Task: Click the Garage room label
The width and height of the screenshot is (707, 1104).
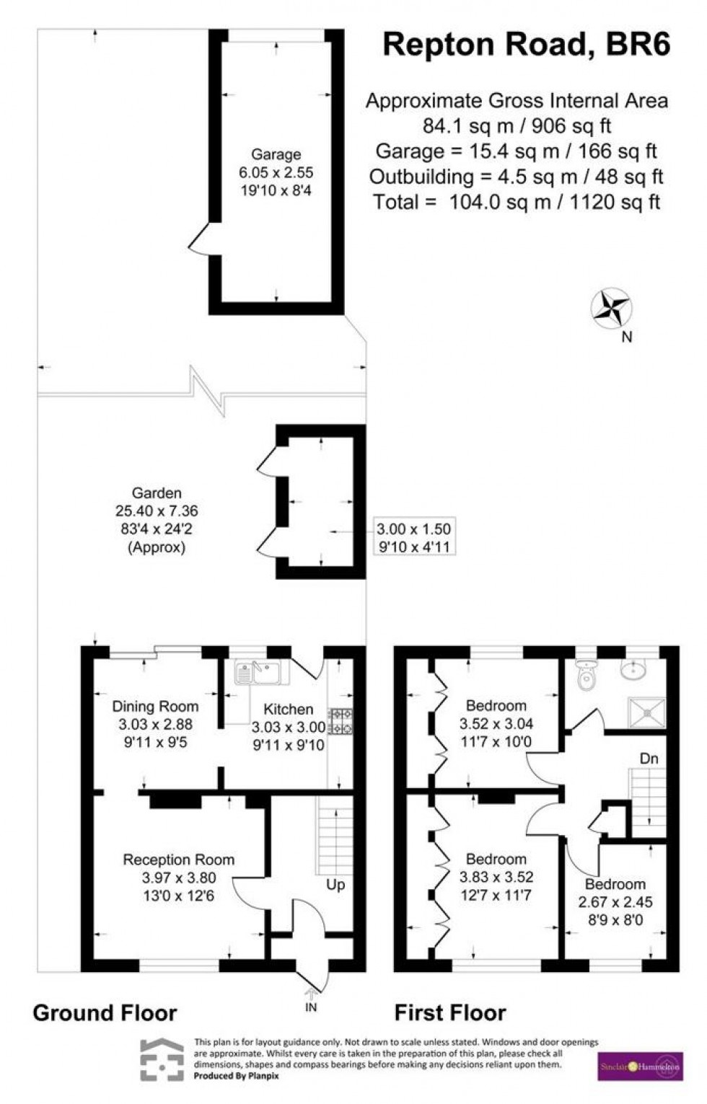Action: [276, 154]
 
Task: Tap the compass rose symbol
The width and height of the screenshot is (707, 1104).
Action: [612, 309]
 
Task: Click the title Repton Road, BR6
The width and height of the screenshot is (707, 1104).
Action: [526, 45]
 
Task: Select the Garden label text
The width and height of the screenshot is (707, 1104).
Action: [157, 493]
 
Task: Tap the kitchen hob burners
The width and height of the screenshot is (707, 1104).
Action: [340, 721]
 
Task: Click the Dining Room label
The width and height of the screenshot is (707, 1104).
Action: [155, 706]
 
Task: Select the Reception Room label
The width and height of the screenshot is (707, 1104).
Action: [178, 860]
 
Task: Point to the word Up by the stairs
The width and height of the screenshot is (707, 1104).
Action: [336, 885]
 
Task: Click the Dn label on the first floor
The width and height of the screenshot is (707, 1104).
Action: [649, 759]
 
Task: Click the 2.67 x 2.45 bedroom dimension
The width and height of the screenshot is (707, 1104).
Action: [615, 902]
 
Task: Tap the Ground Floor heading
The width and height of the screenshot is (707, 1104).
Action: [105, 1013]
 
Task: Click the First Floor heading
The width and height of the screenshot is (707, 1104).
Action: [450, 1013]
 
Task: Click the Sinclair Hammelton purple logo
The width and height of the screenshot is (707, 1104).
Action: [640, 1067]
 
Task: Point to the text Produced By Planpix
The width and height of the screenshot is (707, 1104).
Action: [237, 1076]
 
